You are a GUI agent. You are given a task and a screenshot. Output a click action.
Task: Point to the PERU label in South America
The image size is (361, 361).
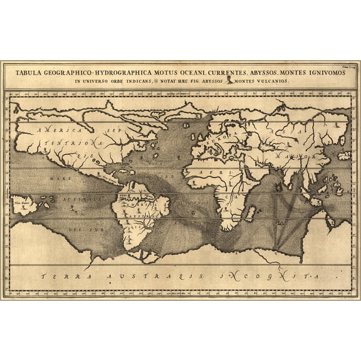point(123,196)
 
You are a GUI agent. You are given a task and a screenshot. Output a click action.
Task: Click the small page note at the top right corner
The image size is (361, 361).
point(338,64)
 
